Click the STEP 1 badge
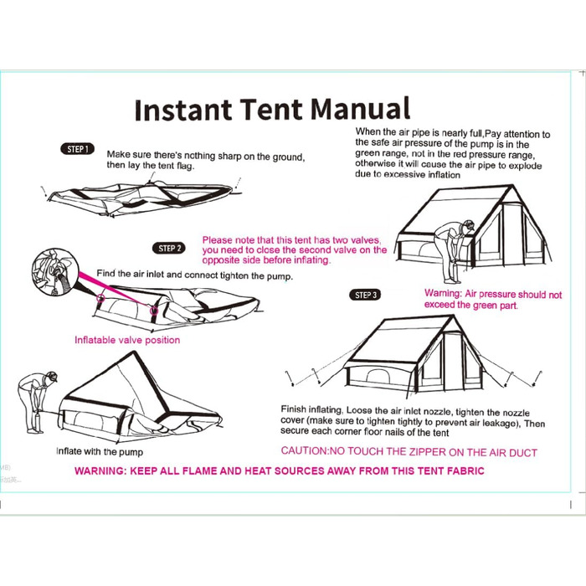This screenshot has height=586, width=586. (x=77, y=149)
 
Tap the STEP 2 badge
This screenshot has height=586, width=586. (x=169, y=248)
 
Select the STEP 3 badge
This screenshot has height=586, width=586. (x=365, y=295)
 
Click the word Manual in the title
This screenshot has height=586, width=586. (x=360, y=109)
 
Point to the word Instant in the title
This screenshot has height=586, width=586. (x=183, y=110)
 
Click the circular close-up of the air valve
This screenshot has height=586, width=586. (x=55, y=272)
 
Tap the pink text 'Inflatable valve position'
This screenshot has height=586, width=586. (x=127, y=340)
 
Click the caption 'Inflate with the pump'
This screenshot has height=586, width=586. (x=100, y=451)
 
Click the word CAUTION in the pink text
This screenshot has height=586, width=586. (x=304, y=451)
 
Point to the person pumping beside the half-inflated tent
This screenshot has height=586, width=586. (x=36, y=402)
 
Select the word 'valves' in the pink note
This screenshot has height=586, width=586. (x=366, y=240)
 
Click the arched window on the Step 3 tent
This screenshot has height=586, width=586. (x=378, y=377)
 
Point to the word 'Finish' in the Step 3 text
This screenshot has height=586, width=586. (x=293, y=409)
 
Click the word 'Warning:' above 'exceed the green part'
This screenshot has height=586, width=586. (x=443, y=293)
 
